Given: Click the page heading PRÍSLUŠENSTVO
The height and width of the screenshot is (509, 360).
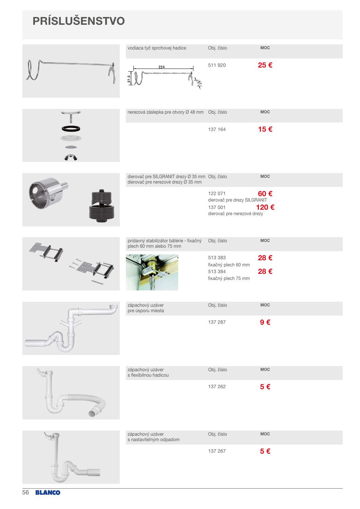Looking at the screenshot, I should tap(79, 21).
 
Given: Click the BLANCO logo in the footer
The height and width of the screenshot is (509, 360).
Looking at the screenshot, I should tap(48, 493).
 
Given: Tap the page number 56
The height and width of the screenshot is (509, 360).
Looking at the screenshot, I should tap(26, 492).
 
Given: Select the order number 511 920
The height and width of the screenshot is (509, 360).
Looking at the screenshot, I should tap(217, 65).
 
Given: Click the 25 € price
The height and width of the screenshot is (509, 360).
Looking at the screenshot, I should tap(265, 65).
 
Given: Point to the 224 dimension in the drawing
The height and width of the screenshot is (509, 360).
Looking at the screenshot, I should tap(162, 67).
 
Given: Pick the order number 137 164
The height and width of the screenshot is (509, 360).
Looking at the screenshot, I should tap(217, 129).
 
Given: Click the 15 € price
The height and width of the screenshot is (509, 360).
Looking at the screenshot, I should tap(265, 129).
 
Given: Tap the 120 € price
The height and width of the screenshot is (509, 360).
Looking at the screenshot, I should tap(265, 207).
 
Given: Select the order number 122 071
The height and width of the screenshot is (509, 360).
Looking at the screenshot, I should tap(217, 193).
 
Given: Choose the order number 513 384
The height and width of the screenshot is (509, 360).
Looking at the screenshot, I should tap(217, 271).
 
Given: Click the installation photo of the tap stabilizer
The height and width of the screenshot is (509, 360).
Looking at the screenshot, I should tap(152, 272).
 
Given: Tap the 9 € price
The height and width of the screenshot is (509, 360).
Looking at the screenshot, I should tap(265, 322).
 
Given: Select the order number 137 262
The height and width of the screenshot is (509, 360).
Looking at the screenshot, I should tap(217, 387).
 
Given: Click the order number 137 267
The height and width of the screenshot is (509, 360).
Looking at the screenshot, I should tap(217, 451).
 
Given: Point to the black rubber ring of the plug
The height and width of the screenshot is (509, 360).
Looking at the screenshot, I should tap(71, 129).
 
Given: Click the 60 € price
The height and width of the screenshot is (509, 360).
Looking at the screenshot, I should tap(265, 194).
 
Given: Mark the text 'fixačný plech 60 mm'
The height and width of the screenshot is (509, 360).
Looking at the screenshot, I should tap(229, 265).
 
